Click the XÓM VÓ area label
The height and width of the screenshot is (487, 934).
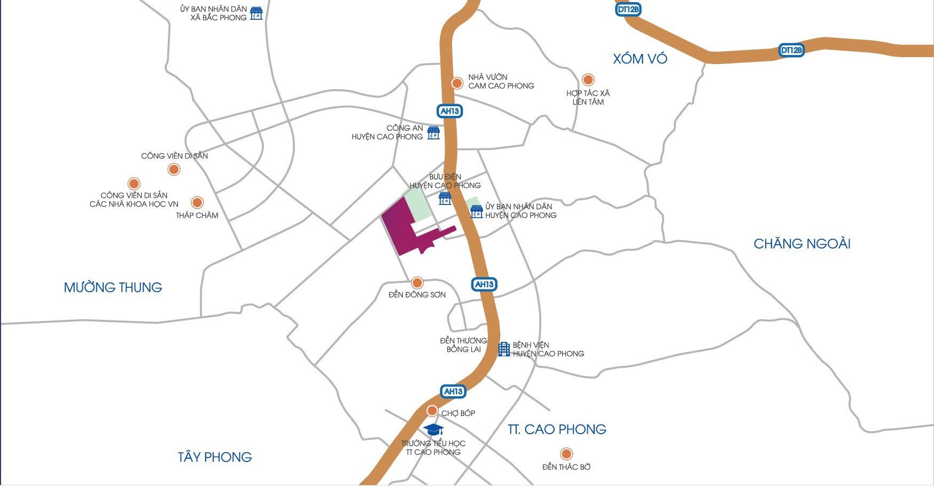640,59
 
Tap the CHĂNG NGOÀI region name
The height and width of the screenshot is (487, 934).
801,244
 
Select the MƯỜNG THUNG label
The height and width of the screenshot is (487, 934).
113,287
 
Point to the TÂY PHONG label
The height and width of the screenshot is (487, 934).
215,457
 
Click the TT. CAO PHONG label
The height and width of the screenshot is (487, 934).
557,429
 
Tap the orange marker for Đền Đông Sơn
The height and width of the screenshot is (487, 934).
417,282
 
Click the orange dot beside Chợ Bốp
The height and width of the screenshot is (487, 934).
432,411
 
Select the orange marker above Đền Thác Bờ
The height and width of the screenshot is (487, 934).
566,454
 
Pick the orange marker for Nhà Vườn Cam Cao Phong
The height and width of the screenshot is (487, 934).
457,83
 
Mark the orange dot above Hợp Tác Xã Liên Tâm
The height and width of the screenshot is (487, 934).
588,80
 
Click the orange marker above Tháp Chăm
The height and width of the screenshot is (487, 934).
197,202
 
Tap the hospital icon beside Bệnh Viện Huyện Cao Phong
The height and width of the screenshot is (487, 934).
504,349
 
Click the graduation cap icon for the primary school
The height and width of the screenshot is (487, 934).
433,429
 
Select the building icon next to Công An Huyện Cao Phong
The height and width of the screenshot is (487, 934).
433,132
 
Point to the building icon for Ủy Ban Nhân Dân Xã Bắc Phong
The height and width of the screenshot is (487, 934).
256,13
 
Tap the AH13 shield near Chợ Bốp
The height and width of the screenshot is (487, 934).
453,391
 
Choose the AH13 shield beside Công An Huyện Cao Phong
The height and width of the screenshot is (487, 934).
449,111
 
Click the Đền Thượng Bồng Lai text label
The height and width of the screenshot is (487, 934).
463,345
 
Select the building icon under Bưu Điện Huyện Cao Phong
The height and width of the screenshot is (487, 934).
445,199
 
